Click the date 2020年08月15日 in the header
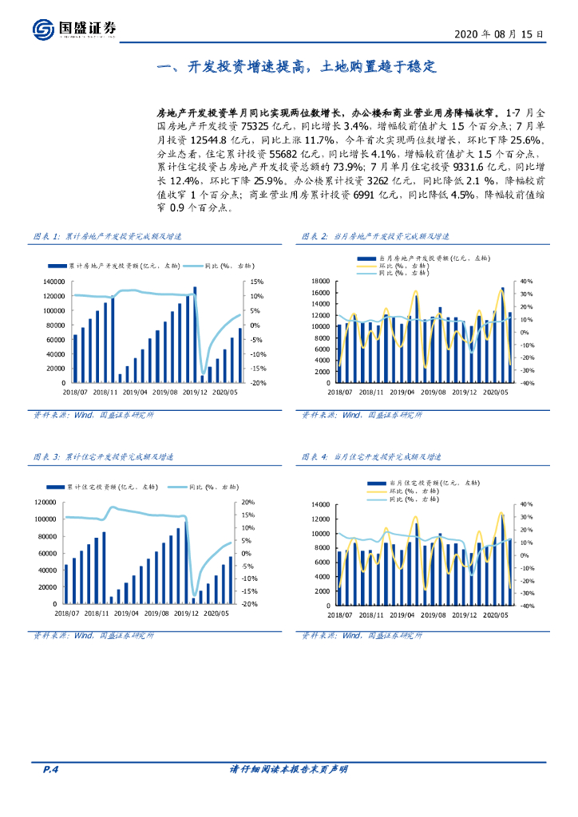(x=499, y=35)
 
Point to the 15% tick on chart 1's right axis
(x=256, y=282)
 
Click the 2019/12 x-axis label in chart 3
(x=195, y=614)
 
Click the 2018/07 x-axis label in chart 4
(x=339, y=614)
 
